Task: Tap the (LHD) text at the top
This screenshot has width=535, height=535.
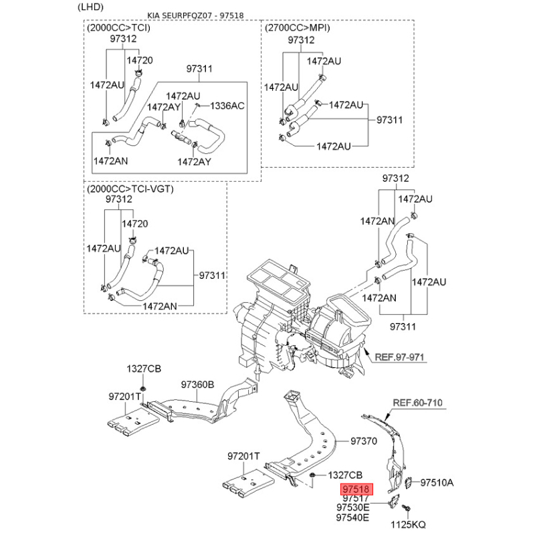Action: [x=92, y=7]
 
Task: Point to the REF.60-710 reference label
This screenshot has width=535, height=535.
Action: [x=417, y=403]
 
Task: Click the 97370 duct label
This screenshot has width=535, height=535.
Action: [x=365, y=441]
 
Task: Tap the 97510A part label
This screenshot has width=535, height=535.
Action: [x=437, y=481]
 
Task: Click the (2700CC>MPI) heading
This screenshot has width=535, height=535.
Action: [x=298, y=28]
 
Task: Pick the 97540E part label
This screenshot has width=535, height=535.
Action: [x=352, y=518]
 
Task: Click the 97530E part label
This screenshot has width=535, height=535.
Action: [x=352, y=508]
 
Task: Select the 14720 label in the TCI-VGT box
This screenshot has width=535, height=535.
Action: [x=134, y=223]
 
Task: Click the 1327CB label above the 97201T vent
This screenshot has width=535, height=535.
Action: [x=144, y=369]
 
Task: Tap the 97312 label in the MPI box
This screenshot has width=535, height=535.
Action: [x=301, y=40]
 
